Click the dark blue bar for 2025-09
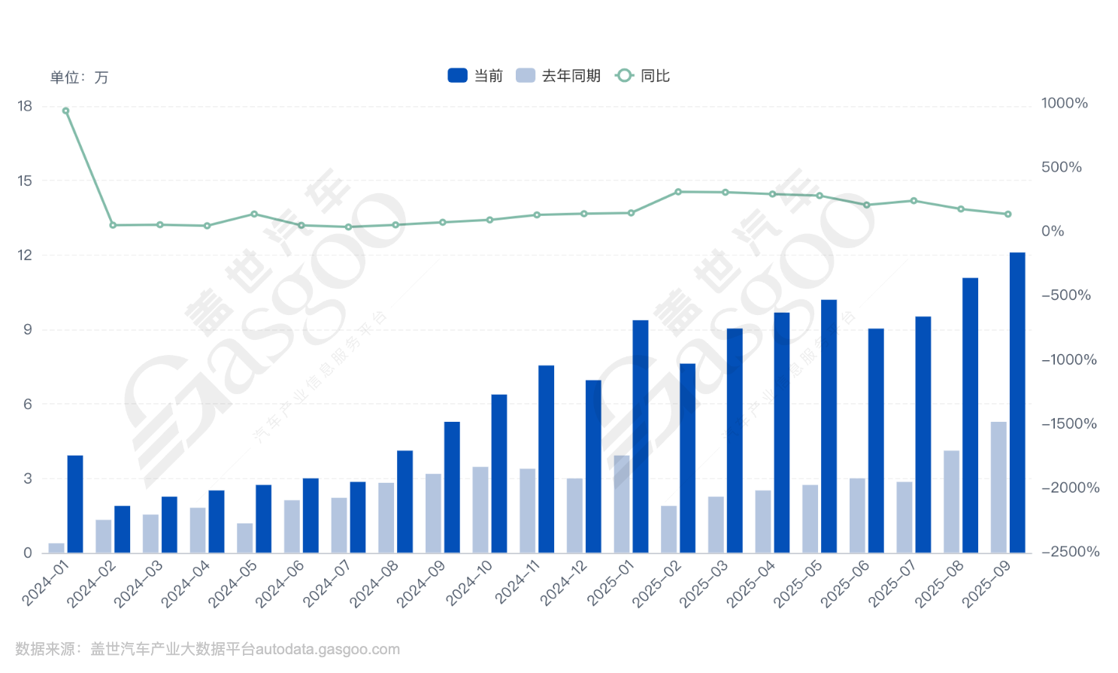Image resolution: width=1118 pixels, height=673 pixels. (x=1017, y=402)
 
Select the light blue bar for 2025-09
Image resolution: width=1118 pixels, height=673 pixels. (x=998, y=487)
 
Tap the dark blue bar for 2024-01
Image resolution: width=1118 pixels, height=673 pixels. (x=75, y=504)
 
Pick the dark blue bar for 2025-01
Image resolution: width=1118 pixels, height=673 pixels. (x=641, y=436)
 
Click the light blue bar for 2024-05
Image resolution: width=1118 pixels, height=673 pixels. (x=245, y=538)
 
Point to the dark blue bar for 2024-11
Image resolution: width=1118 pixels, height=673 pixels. (x=546, y=459)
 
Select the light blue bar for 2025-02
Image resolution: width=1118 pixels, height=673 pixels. (x=668, y=529)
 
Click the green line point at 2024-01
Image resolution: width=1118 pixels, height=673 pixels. (x=65, y=111)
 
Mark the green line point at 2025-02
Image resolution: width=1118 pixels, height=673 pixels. (x=678, y=192)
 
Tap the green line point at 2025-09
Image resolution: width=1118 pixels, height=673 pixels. (x=1008, y=214)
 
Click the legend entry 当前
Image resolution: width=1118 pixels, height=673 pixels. (x=475, y=76)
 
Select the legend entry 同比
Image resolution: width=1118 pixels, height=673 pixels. (x=643, y=76)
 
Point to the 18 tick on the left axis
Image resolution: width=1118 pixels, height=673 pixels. (x=25, y=106)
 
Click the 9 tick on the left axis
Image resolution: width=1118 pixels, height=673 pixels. (x=28, y=329)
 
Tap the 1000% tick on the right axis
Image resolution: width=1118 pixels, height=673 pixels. (x=1064, y=103)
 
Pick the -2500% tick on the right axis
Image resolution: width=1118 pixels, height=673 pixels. (x=1070, y=552)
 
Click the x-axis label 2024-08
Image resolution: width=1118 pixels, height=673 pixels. (x=374, y=584)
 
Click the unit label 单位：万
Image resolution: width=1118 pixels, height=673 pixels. (x=79, y=77)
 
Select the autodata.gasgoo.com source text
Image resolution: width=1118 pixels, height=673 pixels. (x=327, y=650)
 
